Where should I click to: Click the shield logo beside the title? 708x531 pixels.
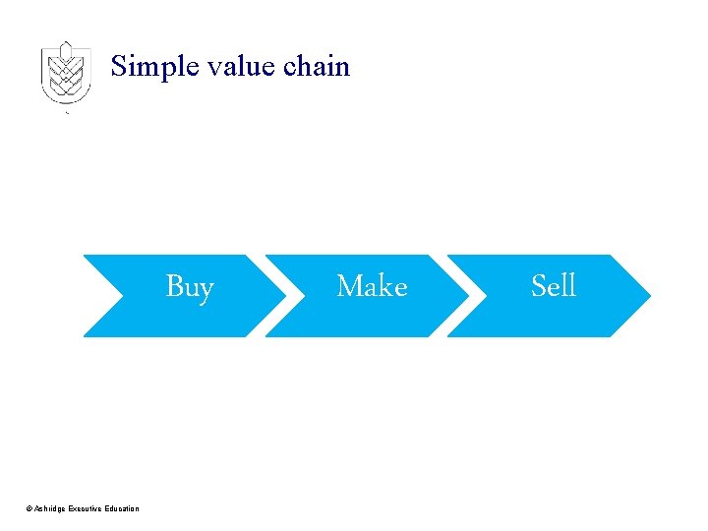coord(66,74)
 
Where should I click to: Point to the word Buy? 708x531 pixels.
coord(190,287)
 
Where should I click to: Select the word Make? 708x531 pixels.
coord(372,286)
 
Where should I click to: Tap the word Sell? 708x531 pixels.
coord(553,286)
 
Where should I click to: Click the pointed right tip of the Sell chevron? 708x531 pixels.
coord(648,295)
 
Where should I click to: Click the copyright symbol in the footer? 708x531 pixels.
coord(29,508)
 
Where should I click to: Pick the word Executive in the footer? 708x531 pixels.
coord(87,508)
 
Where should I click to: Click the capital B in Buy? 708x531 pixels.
coord(174,286)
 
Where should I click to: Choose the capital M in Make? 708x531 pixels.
coord(348,286)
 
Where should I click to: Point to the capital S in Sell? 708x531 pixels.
coord(538,286)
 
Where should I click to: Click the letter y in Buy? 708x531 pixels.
coord(206,290)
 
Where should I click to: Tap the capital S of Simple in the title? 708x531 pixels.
coord(119,67)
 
